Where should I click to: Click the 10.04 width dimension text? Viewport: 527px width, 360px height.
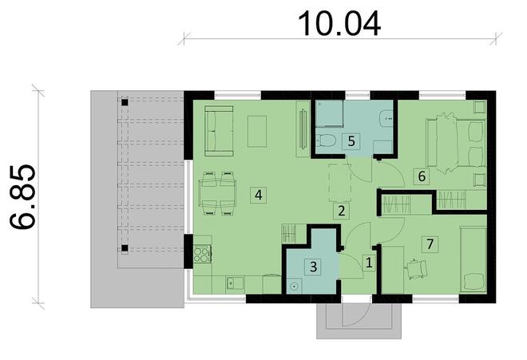click(339, 22)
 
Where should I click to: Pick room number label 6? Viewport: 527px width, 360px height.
click(422, 175)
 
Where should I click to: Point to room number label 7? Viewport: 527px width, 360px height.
click(430, 243)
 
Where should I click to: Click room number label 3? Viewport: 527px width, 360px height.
click(315, 267)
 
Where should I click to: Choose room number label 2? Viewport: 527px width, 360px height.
click(341, 212)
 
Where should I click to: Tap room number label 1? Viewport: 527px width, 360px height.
click(369, 261)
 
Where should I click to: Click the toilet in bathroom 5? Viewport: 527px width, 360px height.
click(327, 142)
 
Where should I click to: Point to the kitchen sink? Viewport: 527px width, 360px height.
click(234, 283)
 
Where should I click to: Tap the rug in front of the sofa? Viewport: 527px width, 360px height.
click(257, 132)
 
